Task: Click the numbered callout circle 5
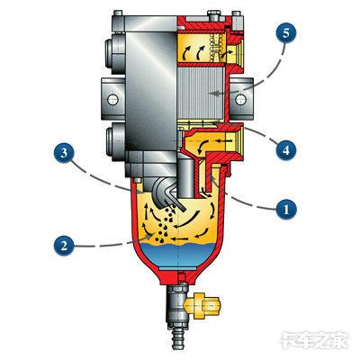(x=286, y=33)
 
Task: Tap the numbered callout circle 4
(x=286, y=149)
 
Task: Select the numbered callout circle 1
(x=286, y=209)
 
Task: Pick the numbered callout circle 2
(x=64, y=246)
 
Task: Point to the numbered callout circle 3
(x=64, y=153)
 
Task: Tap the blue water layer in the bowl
(x=178, y=256)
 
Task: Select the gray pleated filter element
(x=201, y=94)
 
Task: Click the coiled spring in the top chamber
(x=216, y=47)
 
